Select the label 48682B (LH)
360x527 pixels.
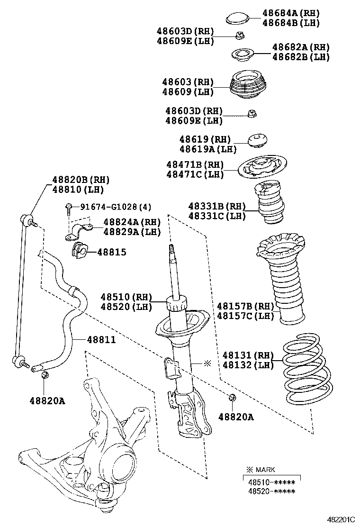point(301,57)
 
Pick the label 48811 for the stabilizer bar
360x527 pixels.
point(101,340)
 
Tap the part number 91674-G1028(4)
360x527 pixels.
point(116,207)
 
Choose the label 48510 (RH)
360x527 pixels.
point(126,297)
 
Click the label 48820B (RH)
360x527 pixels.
point(81,180)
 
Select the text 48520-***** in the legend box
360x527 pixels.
point(271,491)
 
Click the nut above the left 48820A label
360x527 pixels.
point(45,375)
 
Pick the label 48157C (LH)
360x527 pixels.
point(245,315)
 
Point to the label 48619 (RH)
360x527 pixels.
point(205,140)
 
